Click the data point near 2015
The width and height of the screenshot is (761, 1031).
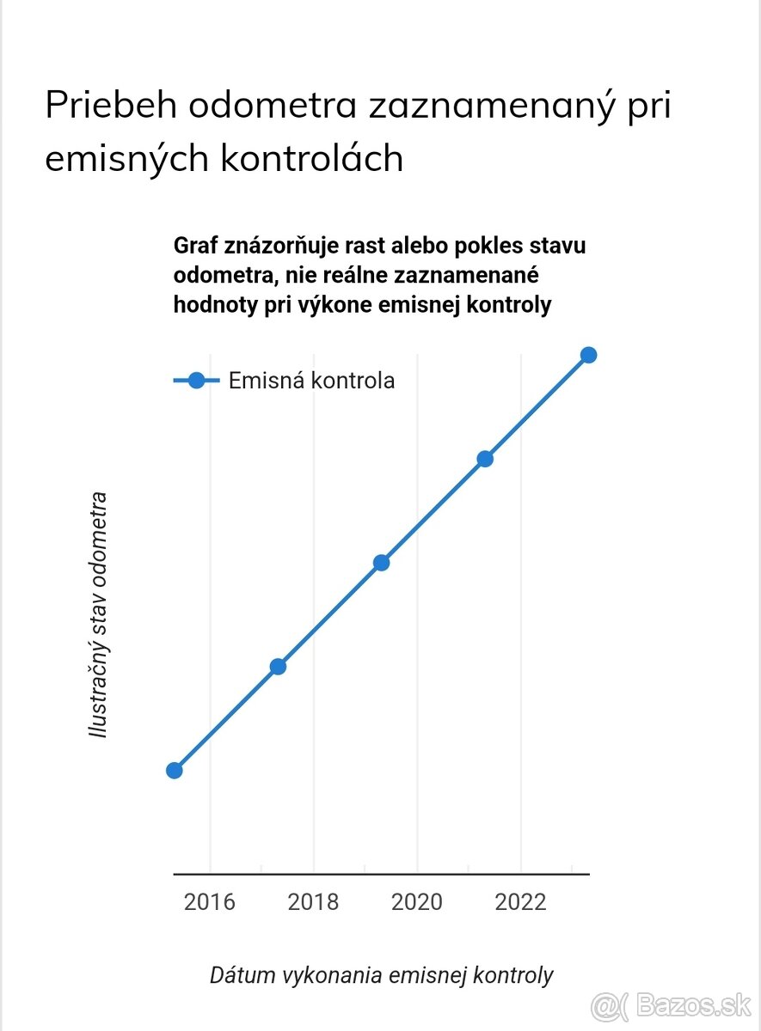[174, 770]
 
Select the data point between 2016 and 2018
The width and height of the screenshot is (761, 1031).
[278, 666]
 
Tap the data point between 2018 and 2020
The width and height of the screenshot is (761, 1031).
[381, 563]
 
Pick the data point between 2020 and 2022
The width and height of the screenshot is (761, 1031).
[485, 459]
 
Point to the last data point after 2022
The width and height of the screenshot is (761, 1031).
[588, 355]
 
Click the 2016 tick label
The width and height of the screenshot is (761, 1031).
[210, 902]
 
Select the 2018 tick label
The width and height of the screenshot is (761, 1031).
[313, 902]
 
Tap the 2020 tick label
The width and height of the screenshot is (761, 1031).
[417, 902]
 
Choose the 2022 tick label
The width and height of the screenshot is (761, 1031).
[521, 902]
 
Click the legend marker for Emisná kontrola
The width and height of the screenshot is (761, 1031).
[196, 381]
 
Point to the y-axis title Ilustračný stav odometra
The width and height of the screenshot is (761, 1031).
[99, 615]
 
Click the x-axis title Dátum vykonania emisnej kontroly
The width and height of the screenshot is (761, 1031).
[381, 975]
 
